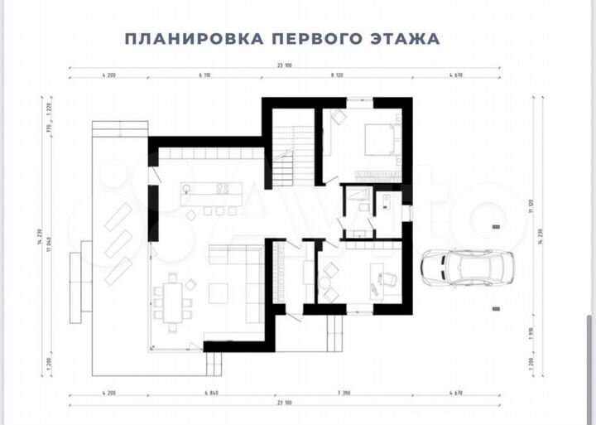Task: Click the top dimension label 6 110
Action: tap(206, 75)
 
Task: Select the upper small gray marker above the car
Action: tap(496, 225)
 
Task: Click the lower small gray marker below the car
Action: tap(496, 308)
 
